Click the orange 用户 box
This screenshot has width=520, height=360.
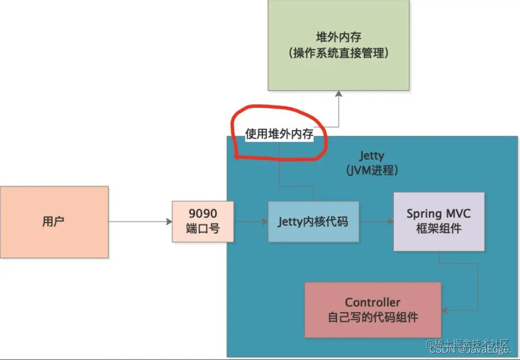coord(54,222)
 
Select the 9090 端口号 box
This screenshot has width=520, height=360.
coord(203,222)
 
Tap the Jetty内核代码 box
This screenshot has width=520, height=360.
coord(313,222)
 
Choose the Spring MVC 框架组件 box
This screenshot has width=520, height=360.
coord(439,221)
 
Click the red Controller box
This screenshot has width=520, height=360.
coord(372,310)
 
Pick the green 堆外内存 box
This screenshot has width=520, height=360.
coord(339,46)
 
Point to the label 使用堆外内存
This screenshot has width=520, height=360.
coord(279,135)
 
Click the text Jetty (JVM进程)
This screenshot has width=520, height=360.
coord(372,163)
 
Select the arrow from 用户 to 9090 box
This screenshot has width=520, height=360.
coord(140,222)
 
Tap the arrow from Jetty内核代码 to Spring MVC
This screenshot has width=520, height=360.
coord(376,222)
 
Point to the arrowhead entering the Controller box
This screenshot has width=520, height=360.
coord(445,310)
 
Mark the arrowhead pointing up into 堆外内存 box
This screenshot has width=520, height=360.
coord(339,94)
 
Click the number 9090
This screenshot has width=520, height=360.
coord(203,214)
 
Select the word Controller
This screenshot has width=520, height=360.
coord(372,303)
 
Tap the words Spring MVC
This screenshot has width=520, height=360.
coord(439,213)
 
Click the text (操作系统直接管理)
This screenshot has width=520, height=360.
coord(339,53)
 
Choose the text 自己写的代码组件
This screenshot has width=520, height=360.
coord(372,317)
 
